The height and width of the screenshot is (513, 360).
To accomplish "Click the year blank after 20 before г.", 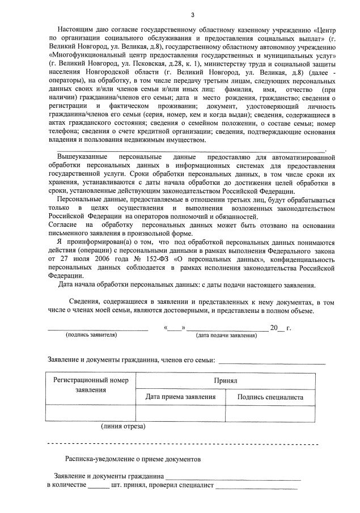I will click(282, 328).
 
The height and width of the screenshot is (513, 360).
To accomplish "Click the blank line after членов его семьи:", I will click(272, 362).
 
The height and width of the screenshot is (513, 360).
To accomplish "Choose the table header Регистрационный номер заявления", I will click(91, 385).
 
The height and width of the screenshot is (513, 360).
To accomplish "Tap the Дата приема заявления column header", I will click(181, 397).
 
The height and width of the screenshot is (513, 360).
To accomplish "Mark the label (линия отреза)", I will click(123, 425).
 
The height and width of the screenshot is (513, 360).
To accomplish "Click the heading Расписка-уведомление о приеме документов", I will click(133, 458).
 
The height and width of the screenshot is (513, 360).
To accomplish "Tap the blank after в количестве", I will click(99, 487).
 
